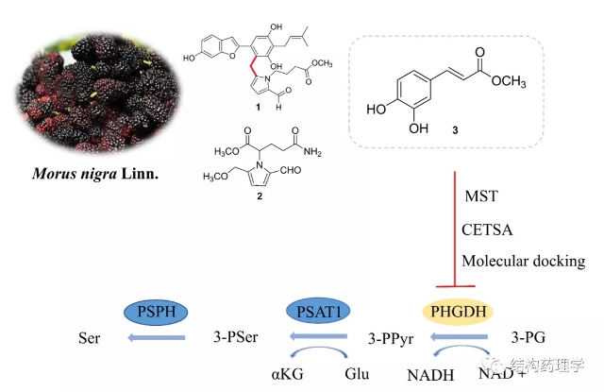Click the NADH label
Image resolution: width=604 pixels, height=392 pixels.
(429, 374)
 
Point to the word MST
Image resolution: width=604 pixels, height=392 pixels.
(479, 196)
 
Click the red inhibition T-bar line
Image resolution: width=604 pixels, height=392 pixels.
(456, 227)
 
